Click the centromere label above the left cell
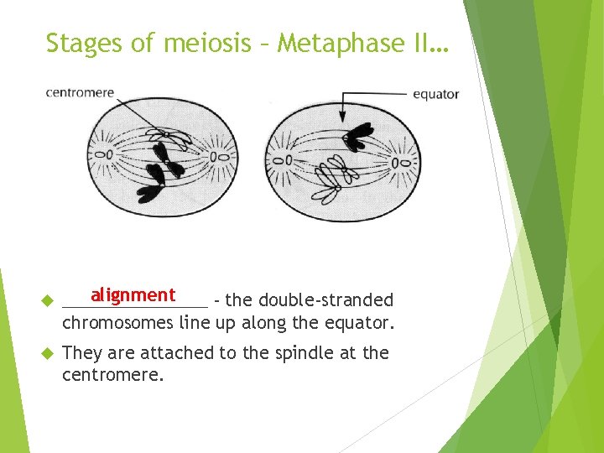[x=80, y=92]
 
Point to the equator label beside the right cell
[x=435, y=94]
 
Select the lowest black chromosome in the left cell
[x=151, y=192]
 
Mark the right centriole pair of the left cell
[x=226, y=156]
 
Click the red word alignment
[x=133, y=295]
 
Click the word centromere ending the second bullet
[x=112, y=375]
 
